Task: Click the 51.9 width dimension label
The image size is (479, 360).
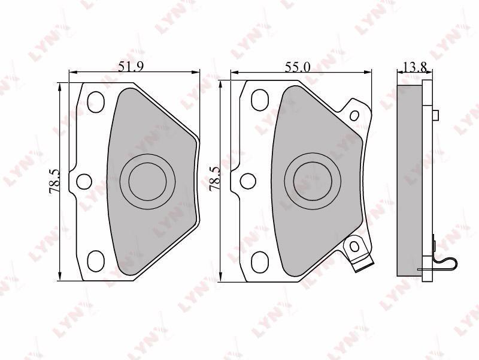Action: click(131, 67)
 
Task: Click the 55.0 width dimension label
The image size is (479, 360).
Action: click(297, 67)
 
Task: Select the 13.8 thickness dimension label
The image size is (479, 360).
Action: click(414, 67)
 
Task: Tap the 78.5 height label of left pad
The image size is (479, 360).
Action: click(54, 182)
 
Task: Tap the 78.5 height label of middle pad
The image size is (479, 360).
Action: click(214, 178)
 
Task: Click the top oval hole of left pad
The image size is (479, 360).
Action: click(96, 102)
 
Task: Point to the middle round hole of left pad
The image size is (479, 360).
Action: click(84, 181)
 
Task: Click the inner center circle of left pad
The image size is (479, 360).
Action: click(147, 182)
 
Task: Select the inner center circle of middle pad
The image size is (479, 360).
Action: click(313, 182)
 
